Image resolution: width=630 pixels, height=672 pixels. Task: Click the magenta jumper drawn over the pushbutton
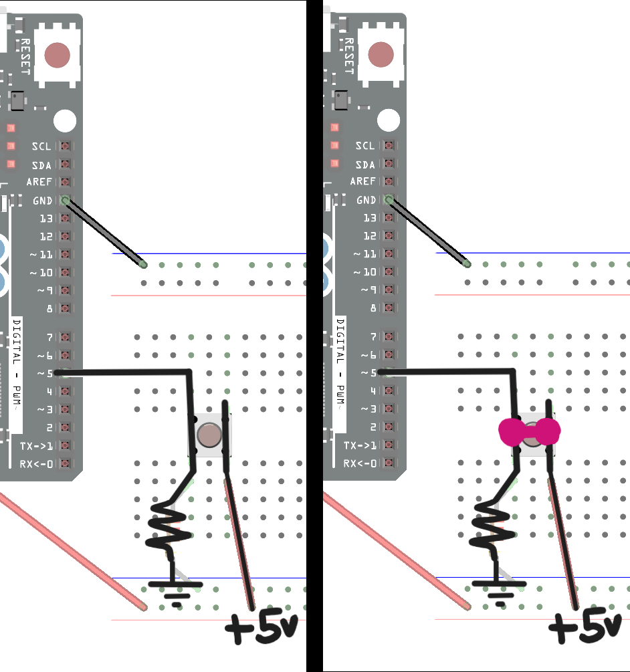click(528, 431)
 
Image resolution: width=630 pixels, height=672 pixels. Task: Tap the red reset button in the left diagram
click(57, 55)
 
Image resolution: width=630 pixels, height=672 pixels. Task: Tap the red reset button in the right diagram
click(381, 55)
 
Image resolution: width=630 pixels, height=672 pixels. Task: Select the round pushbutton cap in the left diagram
click(210, 435)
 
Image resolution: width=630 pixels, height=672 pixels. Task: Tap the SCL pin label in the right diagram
click(365, 146)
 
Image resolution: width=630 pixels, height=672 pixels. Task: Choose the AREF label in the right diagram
click(362, 182)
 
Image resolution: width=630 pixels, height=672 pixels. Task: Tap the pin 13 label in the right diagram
click(369, 218)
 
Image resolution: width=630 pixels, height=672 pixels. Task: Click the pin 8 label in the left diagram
click(49, 308)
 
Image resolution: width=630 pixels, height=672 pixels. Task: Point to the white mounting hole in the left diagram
click(65, 121)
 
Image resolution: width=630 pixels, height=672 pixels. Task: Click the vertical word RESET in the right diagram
click(348, 55)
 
